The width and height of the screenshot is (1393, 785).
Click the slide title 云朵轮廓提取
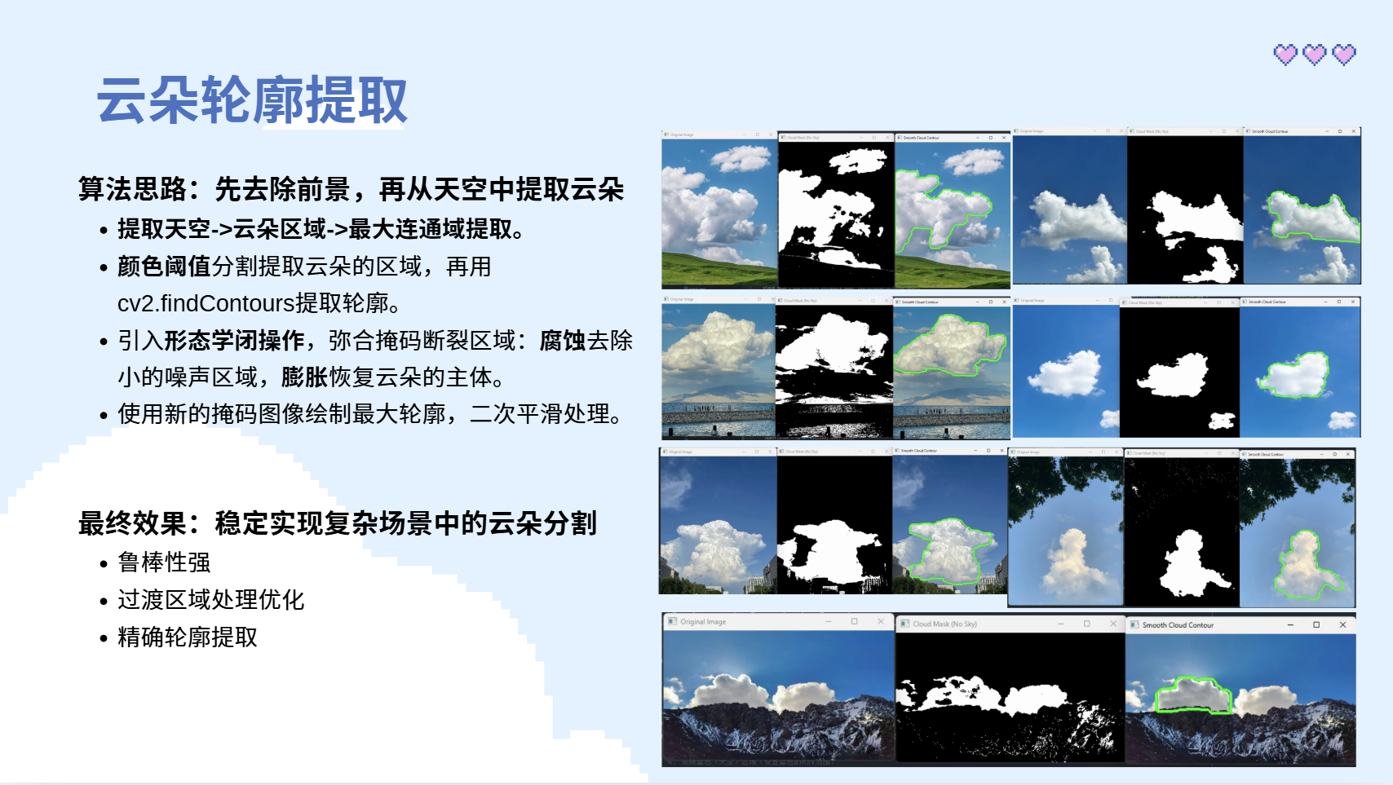251,101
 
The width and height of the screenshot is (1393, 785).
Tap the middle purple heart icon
1315,55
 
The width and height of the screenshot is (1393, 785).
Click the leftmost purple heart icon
1285,55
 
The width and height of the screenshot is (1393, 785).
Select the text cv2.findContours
206,303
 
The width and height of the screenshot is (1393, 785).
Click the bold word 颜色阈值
164,267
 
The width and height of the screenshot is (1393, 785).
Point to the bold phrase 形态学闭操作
234,341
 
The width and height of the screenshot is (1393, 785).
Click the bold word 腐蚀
562,341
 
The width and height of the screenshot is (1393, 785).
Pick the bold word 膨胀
304,377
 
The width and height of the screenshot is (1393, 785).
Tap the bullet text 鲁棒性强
164,562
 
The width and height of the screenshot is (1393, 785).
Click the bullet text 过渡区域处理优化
210,600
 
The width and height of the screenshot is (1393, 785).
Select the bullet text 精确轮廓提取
188,637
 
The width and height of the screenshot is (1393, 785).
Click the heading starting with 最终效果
337,523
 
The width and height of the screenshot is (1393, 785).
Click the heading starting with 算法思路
351,189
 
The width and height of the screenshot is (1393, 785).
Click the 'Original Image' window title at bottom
702,622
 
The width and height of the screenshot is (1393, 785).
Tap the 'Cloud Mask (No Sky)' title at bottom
944,624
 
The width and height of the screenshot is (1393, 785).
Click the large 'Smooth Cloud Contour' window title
1177,625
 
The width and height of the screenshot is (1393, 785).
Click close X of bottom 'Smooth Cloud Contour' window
1342,625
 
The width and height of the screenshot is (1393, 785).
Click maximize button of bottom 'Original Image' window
854,622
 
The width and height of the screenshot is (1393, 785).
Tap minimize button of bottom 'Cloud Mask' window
1060,624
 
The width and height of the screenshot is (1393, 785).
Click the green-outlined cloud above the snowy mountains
1192,695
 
